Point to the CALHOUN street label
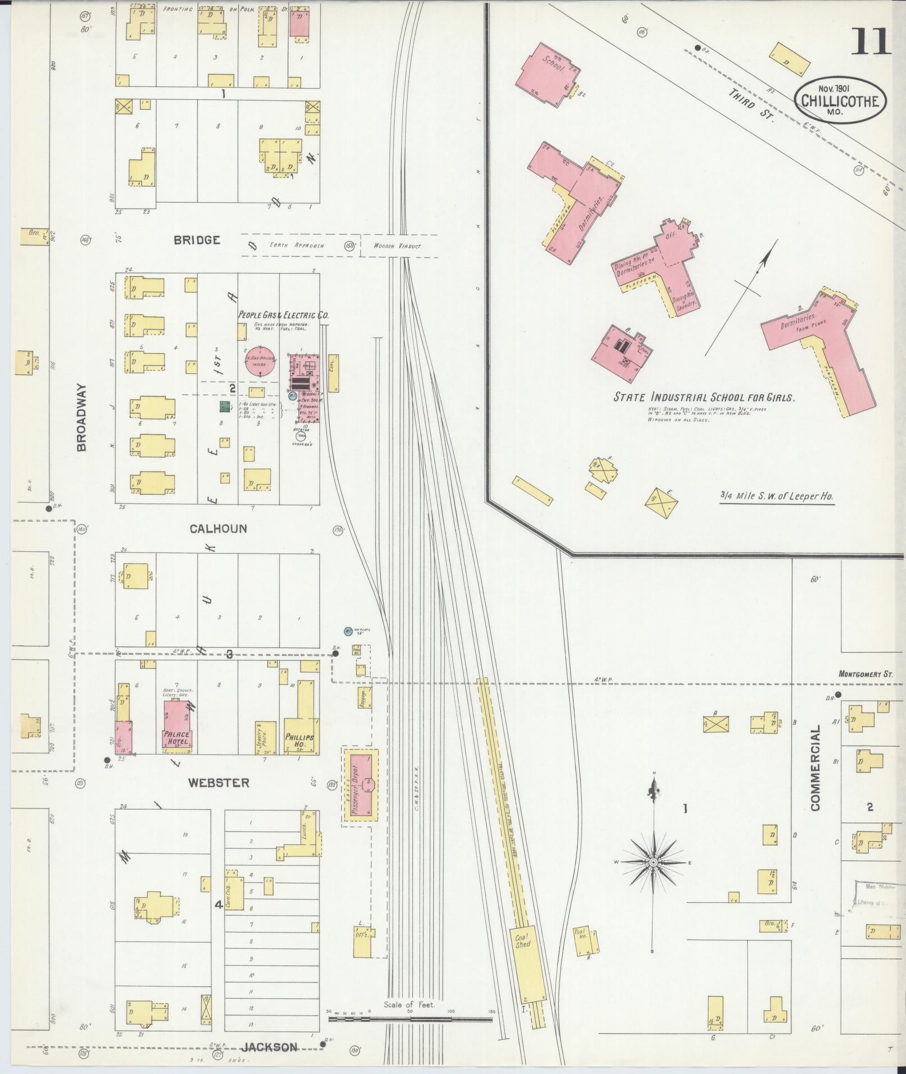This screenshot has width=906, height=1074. point(218,528)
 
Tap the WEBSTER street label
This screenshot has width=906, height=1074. point(218,782)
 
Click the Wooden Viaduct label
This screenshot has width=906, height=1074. point(398,245)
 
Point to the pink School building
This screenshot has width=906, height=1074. point(548,73)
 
